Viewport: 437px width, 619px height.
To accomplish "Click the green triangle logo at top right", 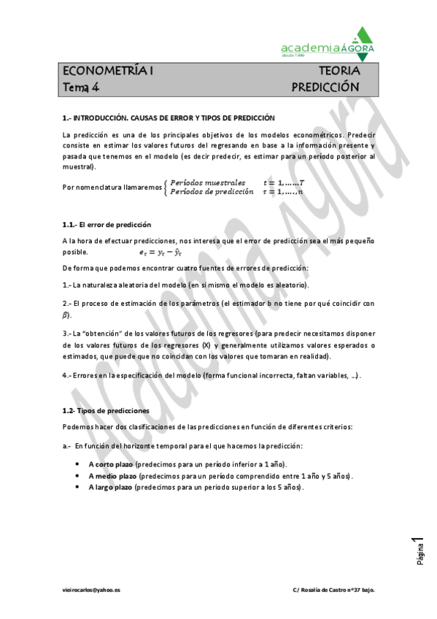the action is click(x=362, y=42).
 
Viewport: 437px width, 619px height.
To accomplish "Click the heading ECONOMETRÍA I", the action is click(x=108, y=71).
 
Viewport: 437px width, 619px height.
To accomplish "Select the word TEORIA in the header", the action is click(x=339, y=71).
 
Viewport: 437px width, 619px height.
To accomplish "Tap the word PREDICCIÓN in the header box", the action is click(x=325, y=87).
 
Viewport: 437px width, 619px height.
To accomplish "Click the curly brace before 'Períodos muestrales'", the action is click(x=166, y=187).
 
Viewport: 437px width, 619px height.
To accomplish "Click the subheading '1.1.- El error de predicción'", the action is click(x=107, y=224).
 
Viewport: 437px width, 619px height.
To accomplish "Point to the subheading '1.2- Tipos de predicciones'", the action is click(x=106, y=411).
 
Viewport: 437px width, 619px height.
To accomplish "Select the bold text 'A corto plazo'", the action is click(x=111, y=464).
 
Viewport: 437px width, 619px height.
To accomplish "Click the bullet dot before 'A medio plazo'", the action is click(x=78, y=476).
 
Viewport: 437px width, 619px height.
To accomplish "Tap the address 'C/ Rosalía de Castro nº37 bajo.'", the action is click(x=333, y=588).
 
